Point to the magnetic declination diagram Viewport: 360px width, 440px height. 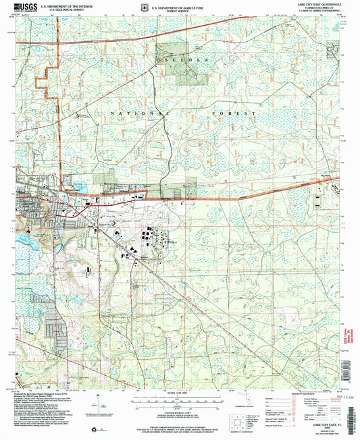point(103,400)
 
